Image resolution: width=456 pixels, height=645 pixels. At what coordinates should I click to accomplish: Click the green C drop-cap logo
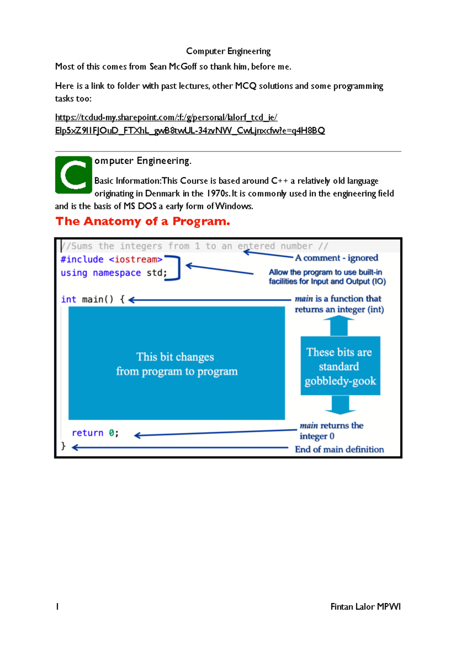tap(74, 175)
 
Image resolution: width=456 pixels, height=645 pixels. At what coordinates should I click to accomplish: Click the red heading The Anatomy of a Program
tap(142, 221)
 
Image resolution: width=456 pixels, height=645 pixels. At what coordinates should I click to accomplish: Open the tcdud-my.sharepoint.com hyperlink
tap(166, 117)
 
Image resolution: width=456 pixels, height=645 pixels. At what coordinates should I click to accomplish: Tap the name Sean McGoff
tap(173, 67)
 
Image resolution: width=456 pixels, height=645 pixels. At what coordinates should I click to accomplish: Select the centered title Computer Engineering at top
tap(228, 51)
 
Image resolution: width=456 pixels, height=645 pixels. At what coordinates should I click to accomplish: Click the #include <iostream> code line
tap(111, 259)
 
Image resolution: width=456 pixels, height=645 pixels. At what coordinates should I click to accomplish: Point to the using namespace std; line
tap(114, 273)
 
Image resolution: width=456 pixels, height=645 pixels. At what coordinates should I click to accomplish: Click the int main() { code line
tap(93, 299)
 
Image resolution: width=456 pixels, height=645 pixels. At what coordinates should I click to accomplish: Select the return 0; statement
tap(95, 433)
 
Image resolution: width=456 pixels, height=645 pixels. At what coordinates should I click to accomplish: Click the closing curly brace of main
tap(63, 446)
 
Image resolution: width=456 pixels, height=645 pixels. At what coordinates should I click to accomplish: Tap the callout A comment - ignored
tap(336, 258)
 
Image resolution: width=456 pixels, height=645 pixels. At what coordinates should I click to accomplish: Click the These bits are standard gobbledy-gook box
tap(340, 366)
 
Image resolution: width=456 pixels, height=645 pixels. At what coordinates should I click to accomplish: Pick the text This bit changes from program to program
tap(176, 364)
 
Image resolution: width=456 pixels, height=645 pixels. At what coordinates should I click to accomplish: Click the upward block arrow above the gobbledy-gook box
tap(339, 326)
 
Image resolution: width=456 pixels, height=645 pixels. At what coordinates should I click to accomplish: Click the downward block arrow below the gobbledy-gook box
tap(340, 405)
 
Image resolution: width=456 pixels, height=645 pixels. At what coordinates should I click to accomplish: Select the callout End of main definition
tap(339, 449)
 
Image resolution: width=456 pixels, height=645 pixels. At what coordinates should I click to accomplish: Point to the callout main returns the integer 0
tap(331, 431)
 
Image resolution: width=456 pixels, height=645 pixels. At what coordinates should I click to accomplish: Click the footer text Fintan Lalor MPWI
tap(365, 607)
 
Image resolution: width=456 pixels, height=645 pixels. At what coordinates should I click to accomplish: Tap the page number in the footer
tap(57, 607)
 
